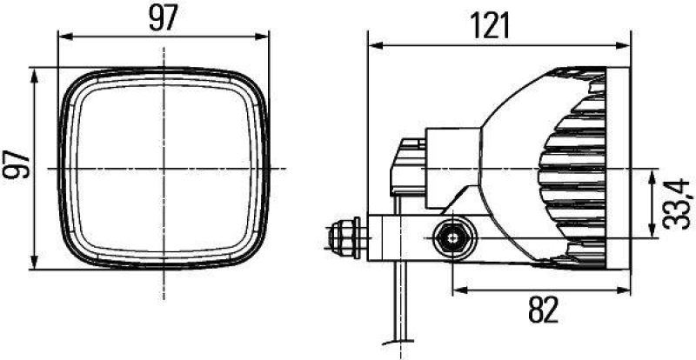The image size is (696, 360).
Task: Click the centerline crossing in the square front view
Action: pyautogui.click(x=163, y=166)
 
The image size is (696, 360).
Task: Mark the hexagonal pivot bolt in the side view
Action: pyautogui.click(x=452, y=237)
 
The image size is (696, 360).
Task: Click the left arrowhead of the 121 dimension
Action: pyautogui.click(x=373, y=43)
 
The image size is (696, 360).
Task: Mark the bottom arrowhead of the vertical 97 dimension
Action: pyautogui.click(x=36, y=264)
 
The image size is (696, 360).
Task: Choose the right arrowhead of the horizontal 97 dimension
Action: pyautogui.click(x=264, y=37)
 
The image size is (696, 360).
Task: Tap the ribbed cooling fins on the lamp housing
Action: pyautogui.click(x=570, y=165)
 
